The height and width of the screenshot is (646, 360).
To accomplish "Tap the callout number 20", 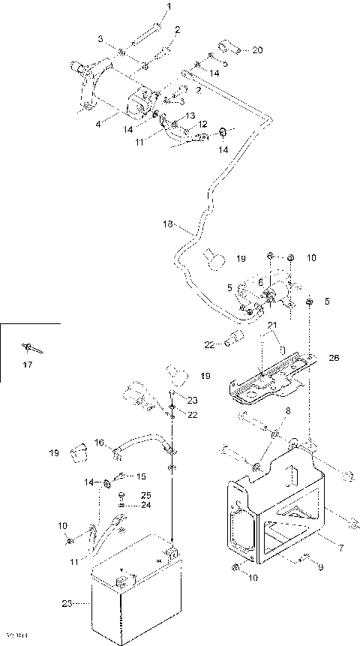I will coord(257,51).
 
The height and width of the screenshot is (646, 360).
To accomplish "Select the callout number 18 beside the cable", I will coord(168,224).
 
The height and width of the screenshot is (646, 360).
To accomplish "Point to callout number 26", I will coord(334,358).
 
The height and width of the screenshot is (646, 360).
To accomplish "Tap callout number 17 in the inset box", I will coord(28,366).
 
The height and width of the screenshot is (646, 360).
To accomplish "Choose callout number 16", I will coord(98,443).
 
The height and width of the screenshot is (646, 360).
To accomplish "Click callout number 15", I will coord(140,476).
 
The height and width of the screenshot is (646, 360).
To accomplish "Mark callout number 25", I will coord(145,495).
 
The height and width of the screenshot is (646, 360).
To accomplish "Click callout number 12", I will coord(202,124).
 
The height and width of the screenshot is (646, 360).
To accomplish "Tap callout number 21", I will coord(273,324).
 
